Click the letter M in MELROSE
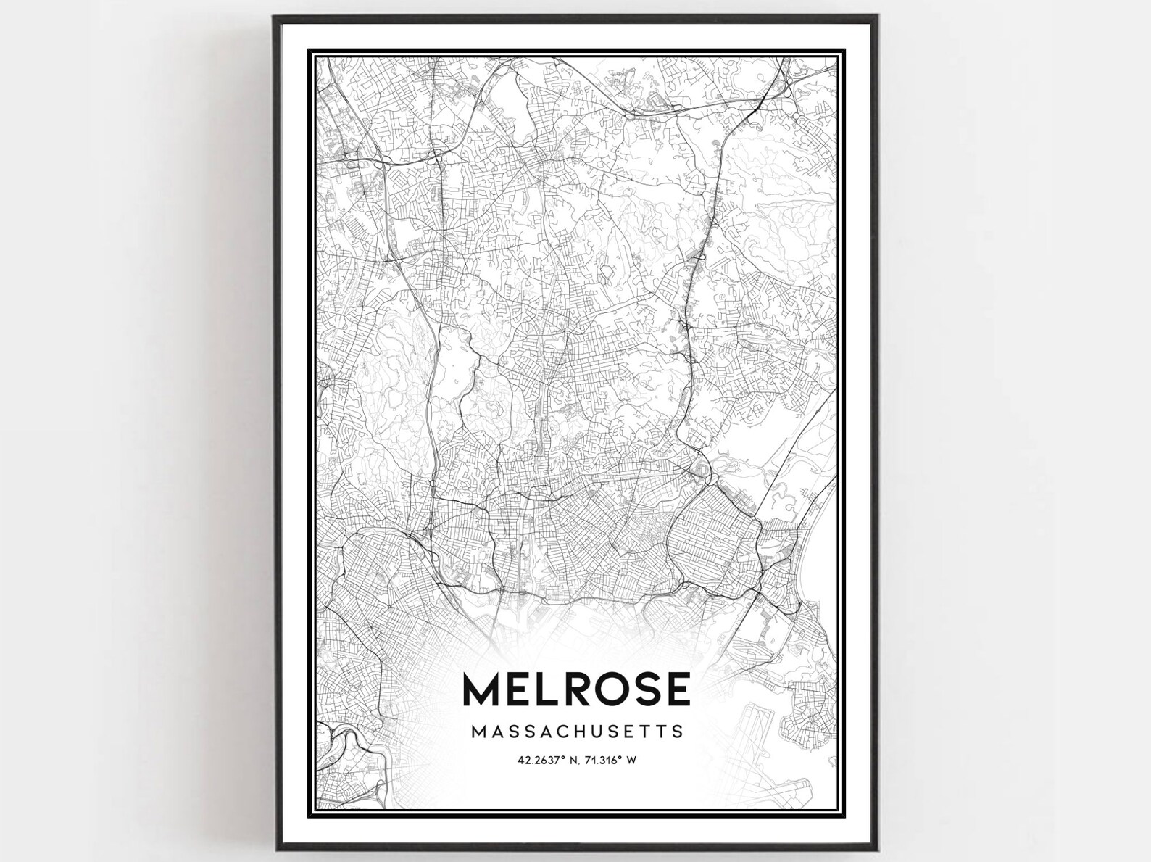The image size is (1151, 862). click(481, 689)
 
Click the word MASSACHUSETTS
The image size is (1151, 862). click(577, 731)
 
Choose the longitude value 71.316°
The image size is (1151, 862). click(602, 761)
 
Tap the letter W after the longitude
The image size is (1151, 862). click(631, 761)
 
